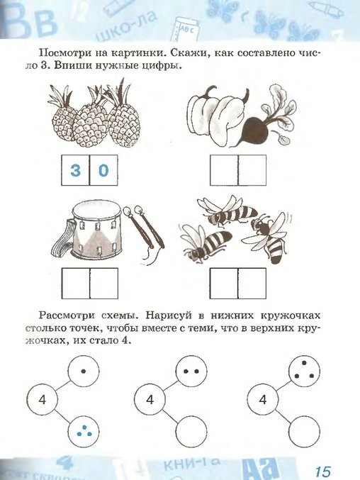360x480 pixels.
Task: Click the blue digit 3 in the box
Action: [76, 170]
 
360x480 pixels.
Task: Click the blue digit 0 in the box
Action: [103, 170]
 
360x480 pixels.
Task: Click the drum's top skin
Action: [96, 211]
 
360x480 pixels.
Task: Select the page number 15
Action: [322, 471]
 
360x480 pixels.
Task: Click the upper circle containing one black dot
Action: [84, 371]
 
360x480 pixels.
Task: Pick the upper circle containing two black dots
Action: [191, 371]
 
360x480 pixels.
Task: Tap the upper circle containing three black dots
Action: [304, 371]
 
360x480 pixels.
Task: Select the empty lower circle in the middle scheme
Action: [191, 432]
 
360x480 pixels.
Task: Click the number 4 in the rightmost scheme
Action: [263, 400]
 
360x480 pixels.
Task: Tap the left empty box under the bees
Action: [224, 284]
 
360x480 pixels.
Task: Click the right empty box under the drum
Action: [104, 284]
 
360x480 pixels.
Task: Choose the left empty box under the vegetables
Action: [224, 170]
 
